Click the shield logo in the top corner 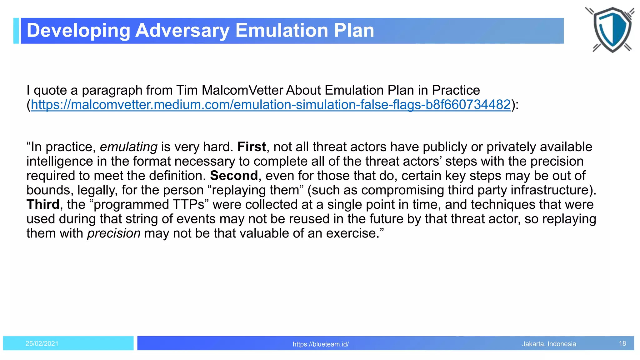click(x=612, y=29)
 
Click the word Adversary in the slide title click(x=182, y=31)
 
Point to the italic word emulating click(x=128, y=147)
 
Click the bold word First click(x=252, y=147)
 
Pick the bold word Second click(x=234, y=176)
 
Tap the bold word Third click(x=43, y=204)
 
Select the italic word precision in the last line click(x=114, y=233)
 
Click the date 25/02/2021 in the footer click(x=42, y=344)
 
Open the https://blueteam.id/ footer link click(x=321, y=344)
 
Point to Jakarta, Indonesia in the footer click(x=549, y=344)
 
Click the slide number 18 click(x=622, y=344)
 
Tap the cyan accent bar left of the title click(x=16, y=31)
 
